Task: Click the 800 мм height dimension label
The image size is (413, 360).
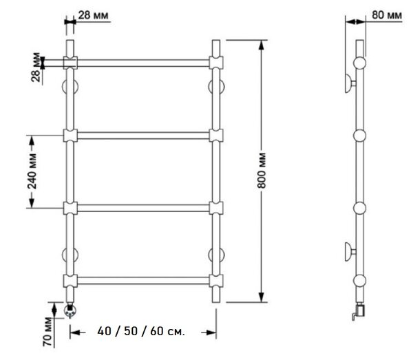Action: pos(262,171)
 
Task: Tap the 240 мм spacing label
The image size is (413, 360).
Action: pos(32,171)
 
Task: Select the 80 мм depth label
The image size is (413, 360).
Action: pos(387,15)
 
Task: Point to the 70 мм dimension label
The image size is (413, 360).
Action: pos(48,332)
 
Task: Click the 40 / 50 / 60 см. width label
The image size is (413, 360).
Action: pos(141,331)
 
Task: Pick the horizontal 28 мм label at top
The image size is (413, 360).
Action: pos(93,15)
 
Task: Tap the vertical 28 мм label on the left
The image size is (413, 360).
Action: pos(36,67)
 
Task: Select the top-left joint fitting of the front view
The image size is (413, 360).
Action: pos(70,63)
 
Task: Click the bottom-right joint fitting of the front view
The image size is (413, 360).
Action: pos(216,281)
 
